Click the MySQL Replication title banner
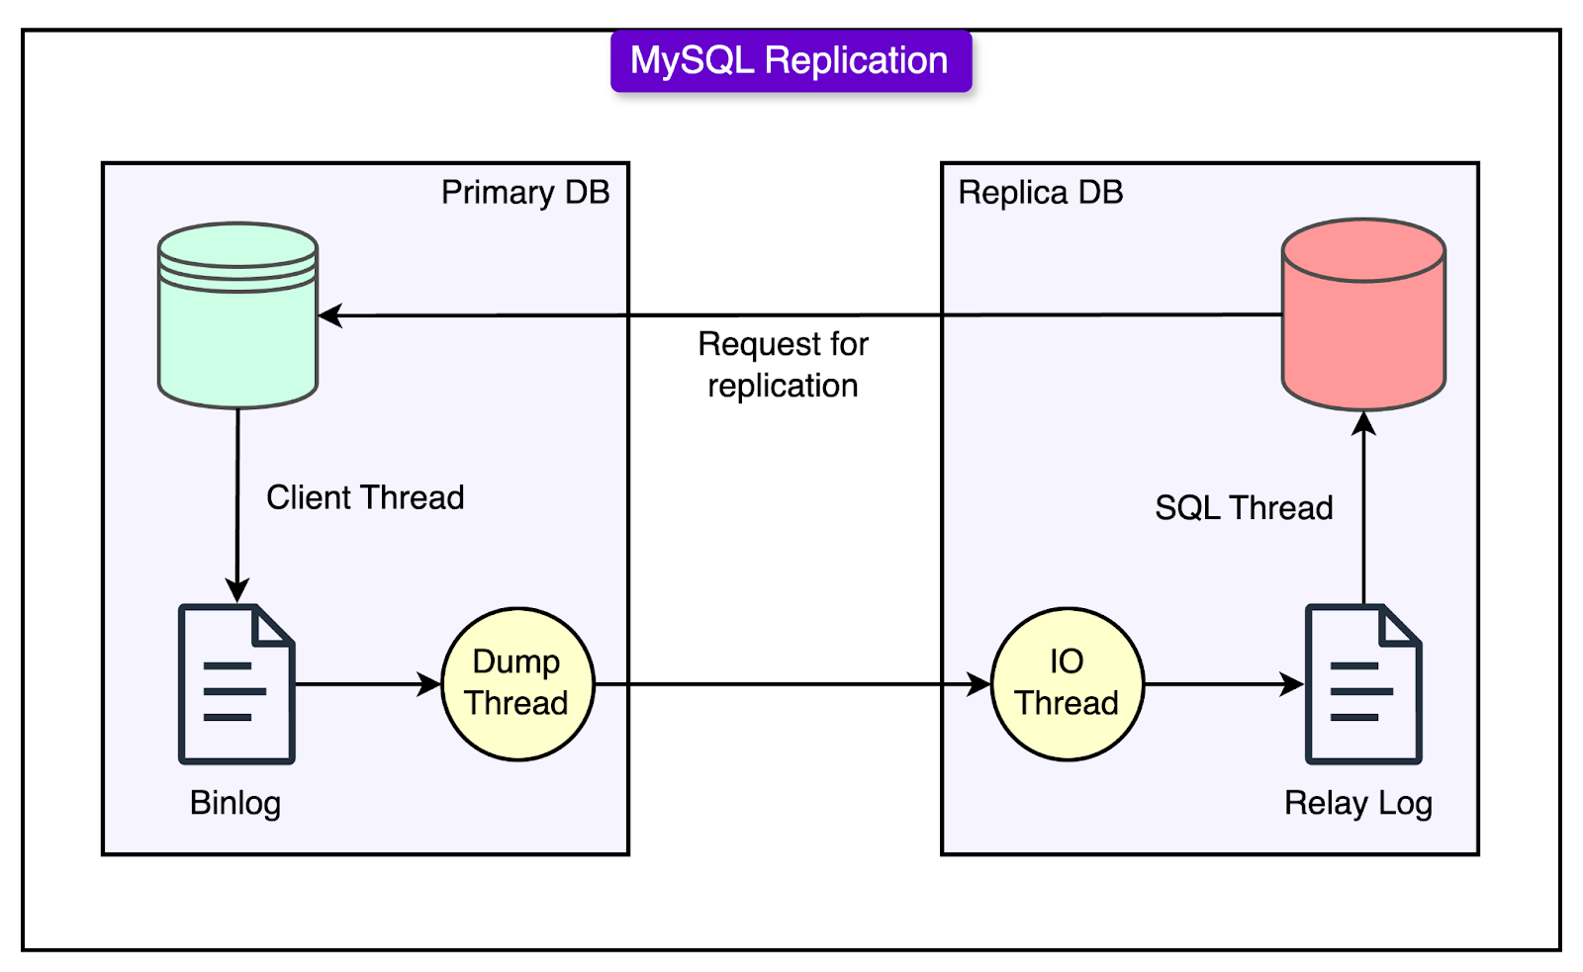click(x=791, y=60)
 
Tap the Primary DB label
click(x=525, y=192)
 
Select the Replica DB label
click(x=1040, y=192)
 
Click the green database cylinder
click(x=237, y=315)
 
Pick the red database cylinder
click(x=1363, y=314)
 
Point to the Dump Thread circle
click(x=517, y=684)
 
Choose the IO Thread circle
click(x=1067, y=684)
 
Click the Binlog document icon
click(x=236, y=684)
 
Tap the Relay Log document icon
click(x=1363, y=684)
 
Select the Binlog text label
click(x=235, y=804)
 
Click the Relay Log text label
click(x=1357, y=804)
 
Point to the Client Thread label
click(x=365, y=497)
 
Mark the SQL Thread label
click(x=1244, y=507)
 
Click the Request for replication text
click(x=783, y=365)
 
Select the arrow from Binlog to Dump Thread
click(x=368, y=684)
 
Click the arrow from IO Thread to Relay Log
click(x=1224, y=684)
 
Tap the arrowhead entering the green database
click(x=330, y=315)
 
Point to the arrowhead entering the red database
click(x=1363, y=424)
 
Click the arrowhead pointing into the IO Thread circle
click(x=978, y=684)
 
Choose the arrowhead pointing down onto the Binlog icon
click(x=236, y=590)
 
